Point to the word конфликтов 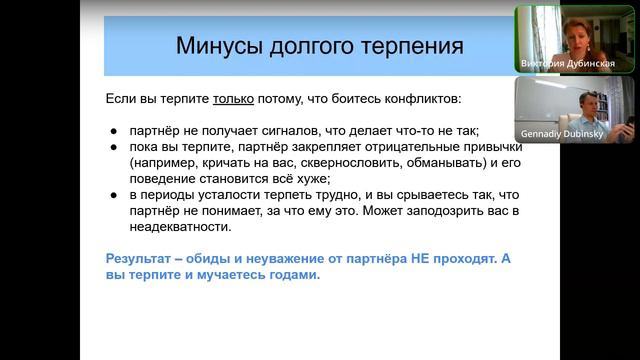(425, 100)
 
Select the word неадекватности (184, 226)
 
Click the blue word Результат (141, 257)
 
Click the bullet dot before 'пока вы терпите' (114, 146)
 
